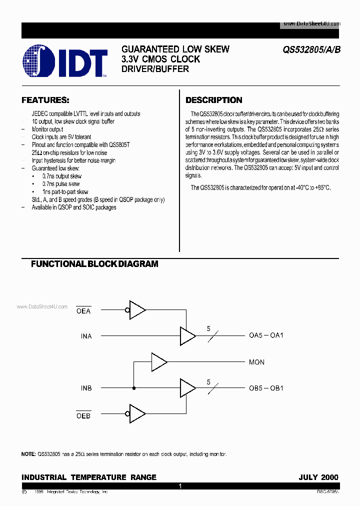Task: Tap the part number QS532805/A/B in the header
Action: (311, 49)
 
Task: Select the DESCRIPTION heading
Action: (214, 100)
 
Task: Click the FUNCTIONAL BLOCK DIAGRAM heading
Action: (94, 263)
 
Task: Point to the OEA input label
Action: (83, 311)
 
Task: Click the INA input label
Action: (86, 336)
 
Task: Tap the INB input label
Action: (86, 388)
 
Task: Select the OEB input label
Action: (83, 415)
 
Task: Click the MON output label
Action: (256, 362)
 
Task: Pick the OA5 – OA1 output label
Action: (266, 335)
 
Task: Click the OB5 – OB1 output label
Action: (266, 388)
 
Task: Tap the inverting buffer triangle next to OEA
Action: (137, 310)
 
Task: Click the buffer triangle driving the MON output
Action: (158, 361)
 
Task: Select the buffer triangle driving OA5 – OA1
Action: (187, 335)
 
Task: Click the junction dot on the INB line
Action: (133, 388)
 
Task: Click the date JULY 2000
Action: (318, 477)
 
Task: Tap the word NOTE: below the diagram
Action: (28, 454)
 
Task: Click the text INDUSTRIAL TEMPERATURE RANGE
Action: (89, 477)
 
